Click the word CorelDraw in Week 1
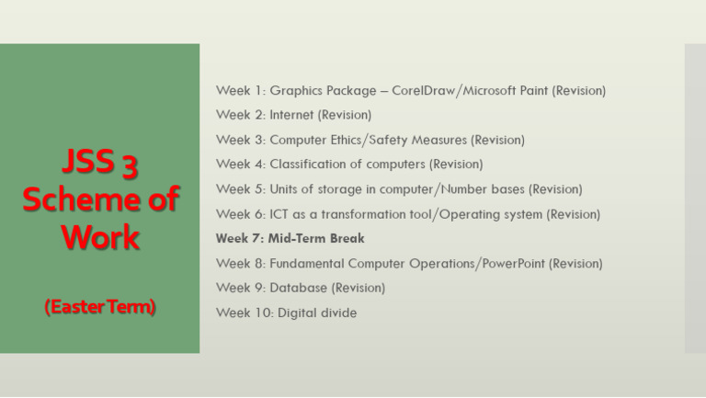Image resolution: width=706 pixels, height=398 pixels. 425,91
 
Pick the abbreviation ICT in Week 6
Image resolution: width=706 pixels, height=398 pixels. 279,214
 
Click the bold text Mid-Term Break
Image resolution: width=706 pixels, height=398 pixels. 316,239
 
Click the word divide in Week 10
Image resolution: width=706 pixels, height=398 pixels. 337,313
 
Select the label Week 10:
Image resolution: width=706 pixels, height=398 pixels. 243,313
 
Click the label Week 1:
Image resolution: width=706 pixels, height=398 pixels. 239,91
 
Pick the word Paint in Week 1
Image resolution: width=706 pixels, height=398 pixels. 531,91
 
